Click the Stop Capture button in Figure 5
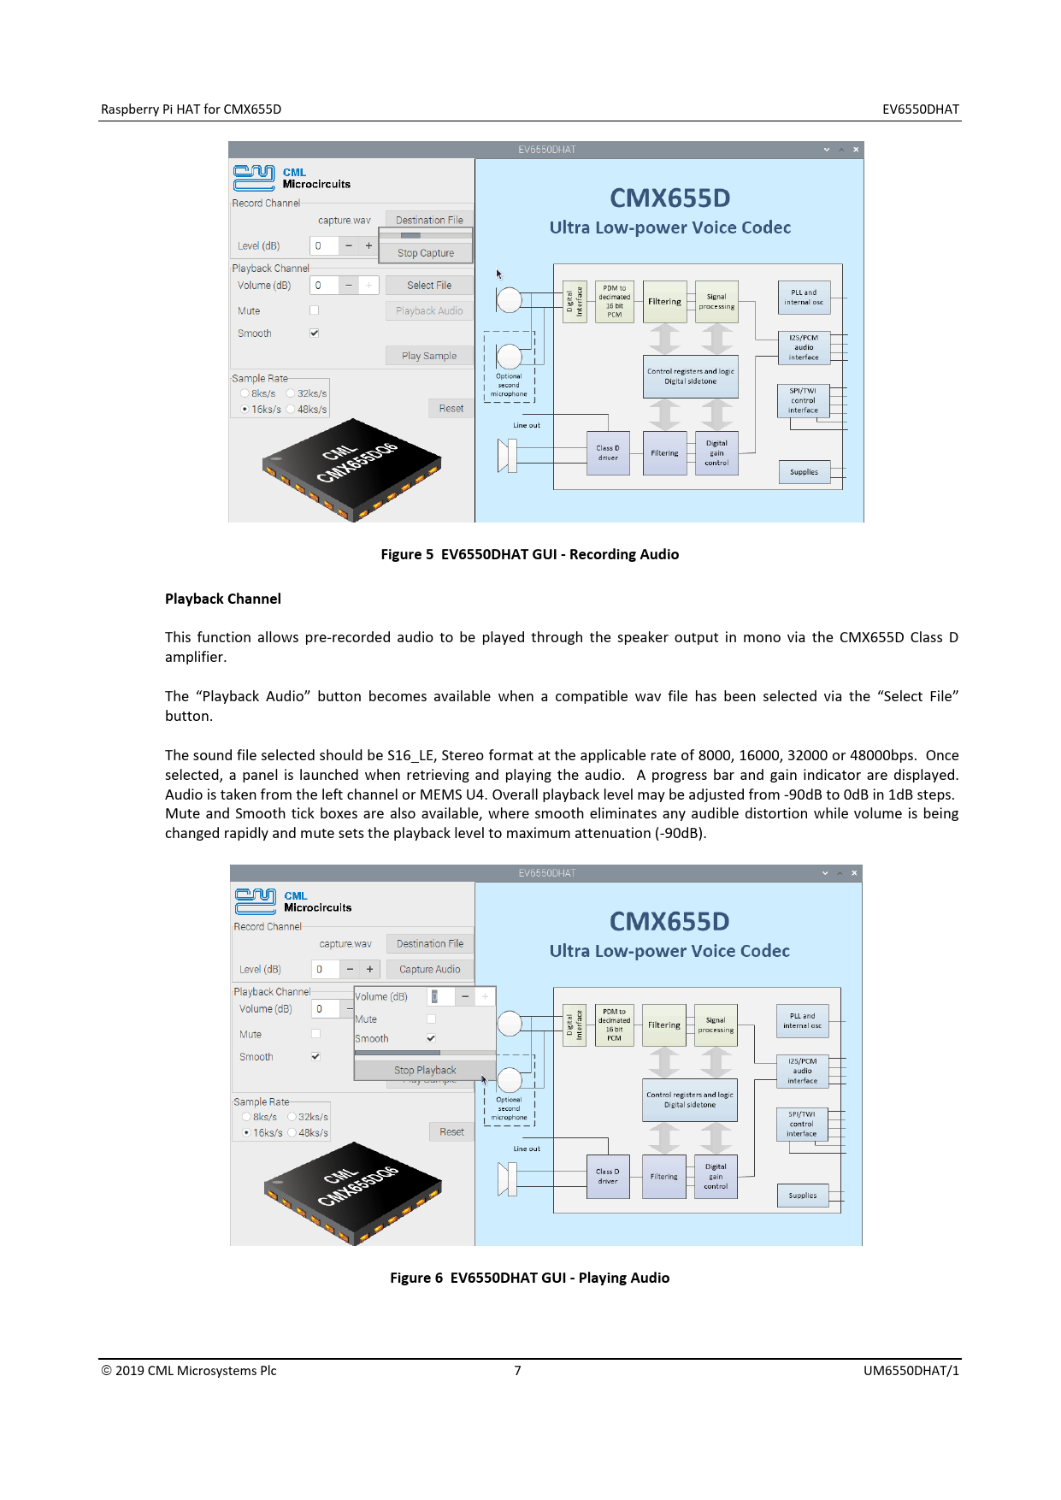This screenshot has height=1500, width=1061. coord(426,253)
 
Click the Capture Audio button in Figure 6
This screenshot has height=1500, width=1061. coord(429,969)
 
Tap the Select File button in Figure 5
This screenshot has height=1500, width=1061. coord(429,286)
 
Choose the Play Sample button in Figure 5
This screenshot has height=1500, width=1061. coord(429,356)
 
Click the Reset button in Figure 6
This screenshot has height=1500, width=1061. coord(451,1131)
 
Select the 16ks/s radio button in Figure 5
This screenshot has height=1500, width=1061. coord(245,410)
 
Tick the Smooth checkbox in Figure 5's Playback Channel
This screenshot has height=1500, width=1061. coord(315,333)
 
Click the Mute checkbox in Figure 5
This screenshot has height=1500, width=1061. coord(315,310)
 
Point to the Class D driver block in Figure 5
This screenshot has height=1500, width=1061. coord(608,453)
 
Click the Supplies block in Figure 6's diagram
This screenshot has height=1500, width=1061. coord(803,1196)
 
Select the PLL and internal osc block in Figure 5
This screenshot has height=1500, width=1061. coord(804,297)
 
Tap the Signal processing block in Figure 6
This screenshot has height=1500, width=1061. coord(716,1025)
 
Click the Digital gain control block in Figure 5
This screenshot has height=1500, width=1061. coord(716,453)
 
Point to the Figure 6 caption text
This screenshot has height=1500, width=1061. coord(529,1278)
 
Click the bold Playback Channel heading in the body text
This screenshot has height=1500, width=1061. coord(223,599)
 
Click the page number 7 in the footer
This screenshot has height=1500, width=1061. coord(517,1371)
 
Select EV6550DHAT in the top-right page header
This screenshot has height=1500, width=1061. coord(920,109)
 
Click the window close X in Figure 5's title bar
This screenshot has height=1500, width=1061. coord(856,150)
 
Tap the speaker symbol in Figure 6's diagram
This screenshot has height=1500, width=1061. coord(508,1179)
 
